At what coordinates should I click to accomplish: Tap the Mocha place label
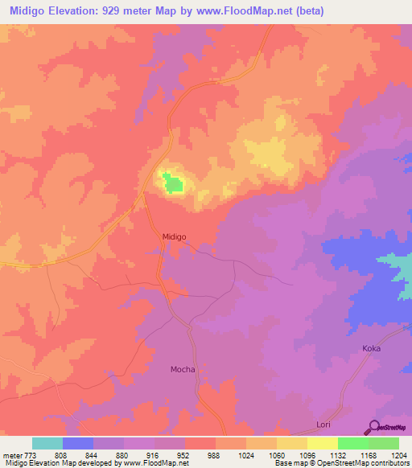point(183,370)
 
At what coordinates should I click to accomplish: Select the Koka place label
point(371,348)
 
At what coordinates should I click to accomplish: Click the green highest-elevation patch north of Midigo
point(173,184)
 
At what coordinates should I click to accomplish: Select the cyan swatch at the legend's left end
point(47,443)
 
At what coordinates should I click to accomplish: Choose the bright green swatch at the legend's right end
point(383,443)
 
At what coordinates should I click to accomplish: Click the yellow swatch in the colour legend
point(322,443)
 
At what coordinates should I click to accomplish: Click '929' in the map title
point(135,10)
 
